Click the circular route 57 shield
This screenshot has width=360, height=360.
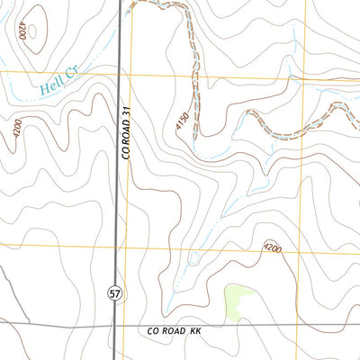coord(114,293)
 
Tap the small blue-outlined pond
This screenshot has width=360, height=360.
coord(193,258)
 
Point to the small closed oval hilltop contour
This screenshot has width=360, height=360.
coord(33,31)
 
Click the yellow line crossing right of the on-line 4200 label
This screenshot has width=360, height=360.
coord(307,248)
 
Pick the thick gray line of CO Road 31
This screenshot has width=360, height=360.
coord(118,180)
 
